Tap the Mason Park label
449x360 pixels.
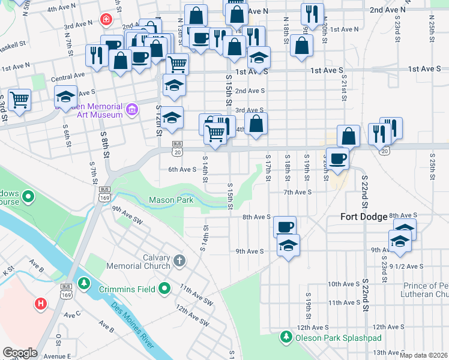171,200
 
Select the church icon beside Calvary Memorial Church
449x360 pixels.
179,261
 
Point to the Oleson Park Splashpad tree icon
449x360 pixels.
286,337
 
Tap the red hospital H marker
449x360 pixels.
41,304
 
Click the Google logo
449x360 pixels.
20,353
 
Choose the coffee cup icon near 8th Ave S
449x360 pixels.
285,227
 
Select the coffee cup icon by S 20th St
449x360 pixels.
338,158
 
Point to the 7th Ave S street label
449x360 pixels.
298,192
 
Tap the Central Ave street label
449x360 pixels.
68,77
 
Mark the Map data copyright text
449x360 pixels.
423,355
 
